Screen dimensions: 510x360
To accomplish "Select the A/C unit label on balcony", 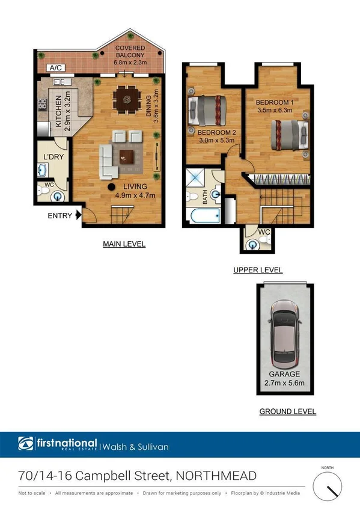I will [x=56, y=68].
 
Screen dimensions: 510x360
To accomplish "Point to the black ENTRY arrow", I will [x=78, y=215].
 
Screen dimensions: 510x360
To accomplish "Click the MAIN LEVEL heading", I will [x=124, y=244].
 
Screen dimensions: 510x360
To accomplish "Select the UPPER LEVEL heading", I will [x=258, y=271].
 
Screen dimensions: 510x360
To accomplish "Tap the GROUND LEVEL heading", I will [x=287, y=411].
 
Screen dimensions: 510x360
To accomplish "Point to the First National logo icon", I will [x=26, y=446].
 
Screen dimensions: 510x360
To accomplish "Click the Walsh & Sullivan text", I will [x=136, y=446].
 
